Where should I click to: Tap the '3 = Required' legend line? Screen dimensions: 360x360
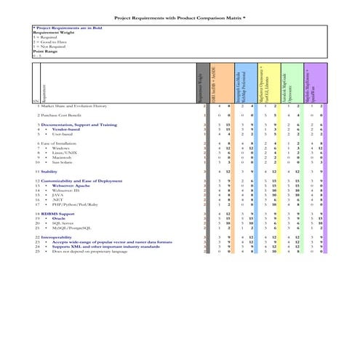pyautogui.click(x=44, y=38)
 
